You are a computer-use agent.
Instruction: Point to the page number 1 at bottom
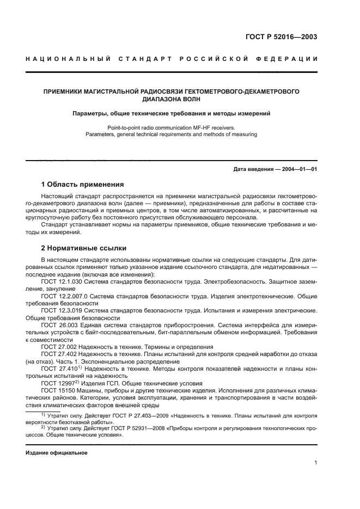[x=315, y=463]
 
